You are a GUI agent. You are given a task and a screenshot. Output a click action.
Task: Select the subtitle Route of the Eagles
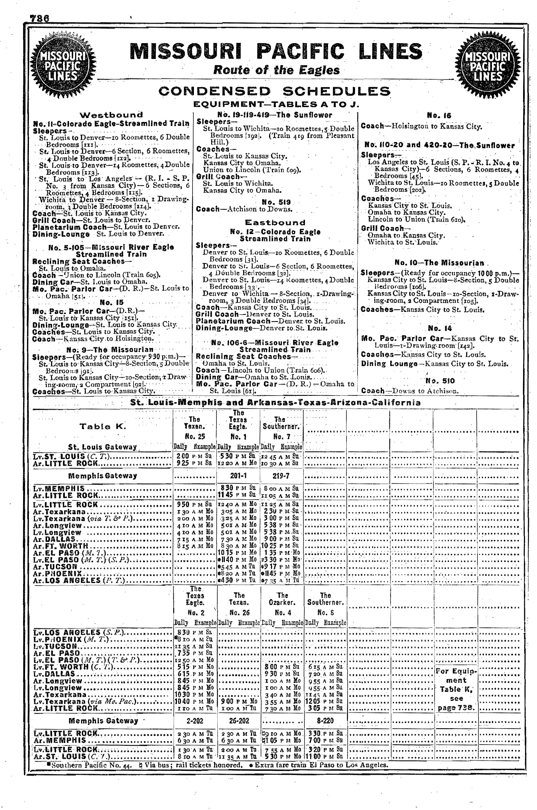click(x=276, y=70)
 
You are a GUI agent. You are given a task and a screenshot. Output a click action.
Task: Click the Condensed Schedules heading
click(x=274, y=92)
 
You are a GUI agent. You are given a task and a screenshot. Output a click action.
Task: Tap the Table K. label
click(x=103, y=427)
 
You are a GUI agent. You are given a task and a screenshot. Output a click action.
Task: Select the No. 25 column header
click(x=194, y=436)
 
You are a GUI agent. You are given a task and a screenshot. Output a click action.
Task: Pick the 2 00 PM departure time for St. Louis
click(x=185, y=456)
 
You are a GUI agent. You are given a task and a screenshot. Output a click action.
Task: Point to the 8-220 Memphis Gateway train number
click(x=325, y=721)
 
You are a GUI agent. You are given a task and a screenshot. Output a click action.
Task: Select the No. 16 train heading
click(x=439, y=116)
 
